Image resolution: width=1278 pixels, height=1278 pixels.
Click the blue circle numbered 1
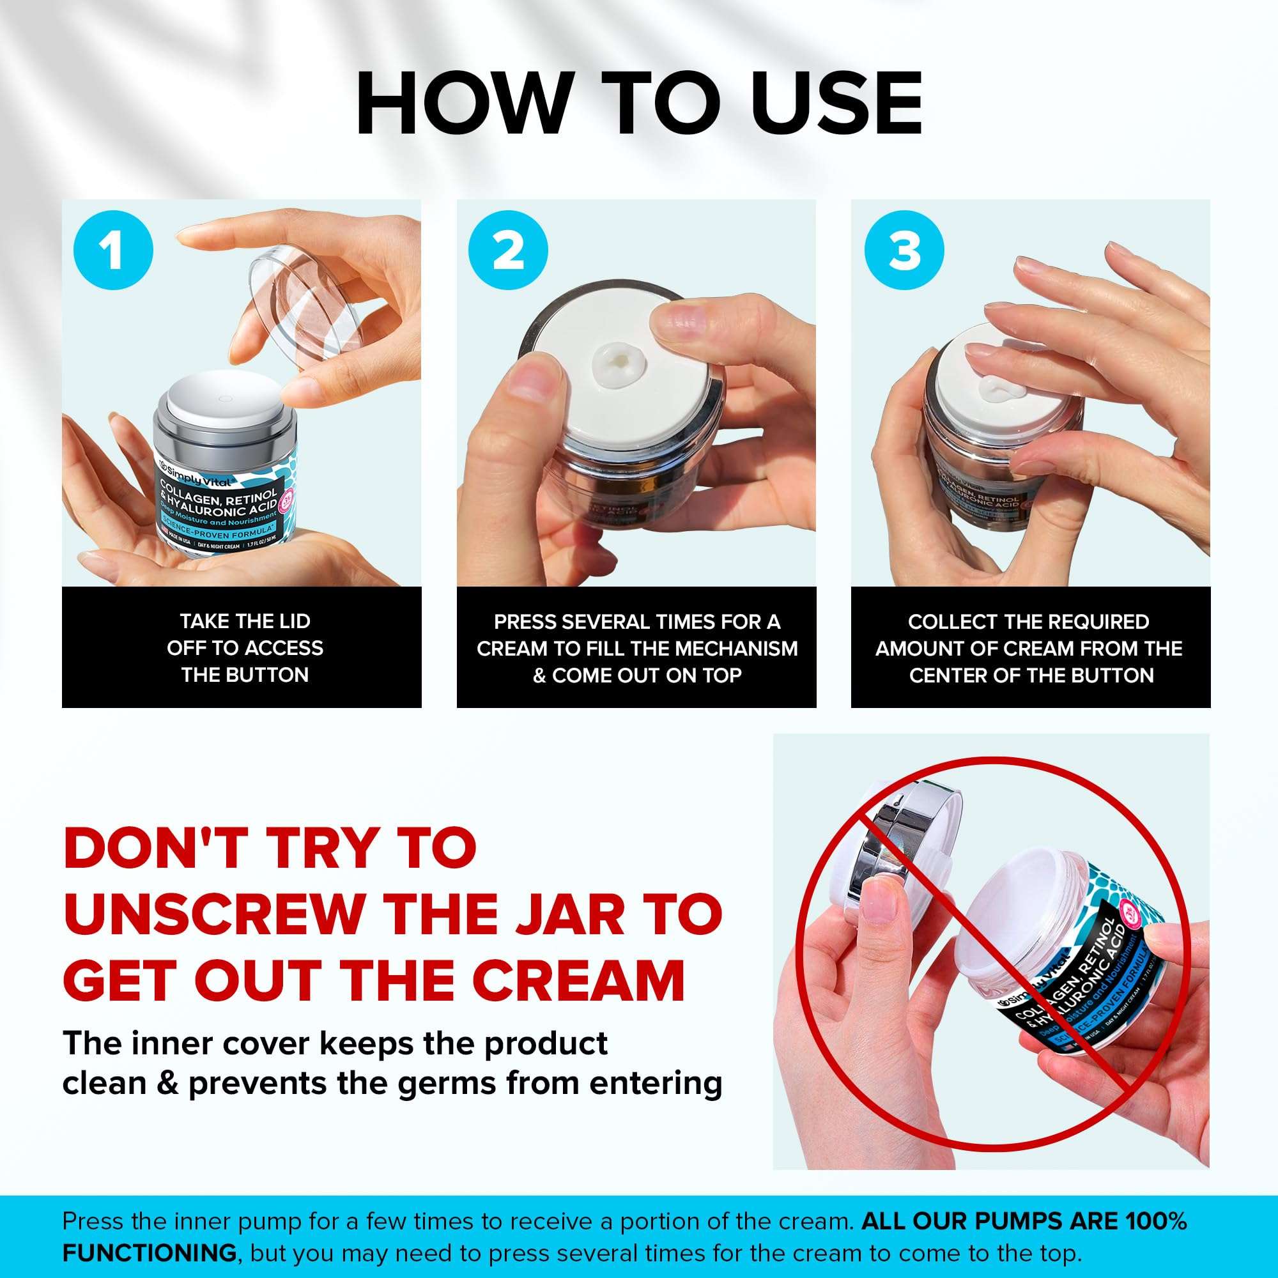point(114,250)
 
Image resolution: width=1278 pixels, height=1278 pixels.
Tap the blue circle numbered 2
point(508,250)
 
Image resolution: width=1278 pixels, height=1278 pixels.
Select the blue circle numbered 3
point(904,250)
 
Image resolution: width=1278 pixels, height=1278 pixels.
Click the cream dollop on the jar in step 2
point(617,362)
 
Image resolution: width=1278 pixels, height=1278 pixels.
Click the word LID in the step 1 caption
point(292,621)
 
